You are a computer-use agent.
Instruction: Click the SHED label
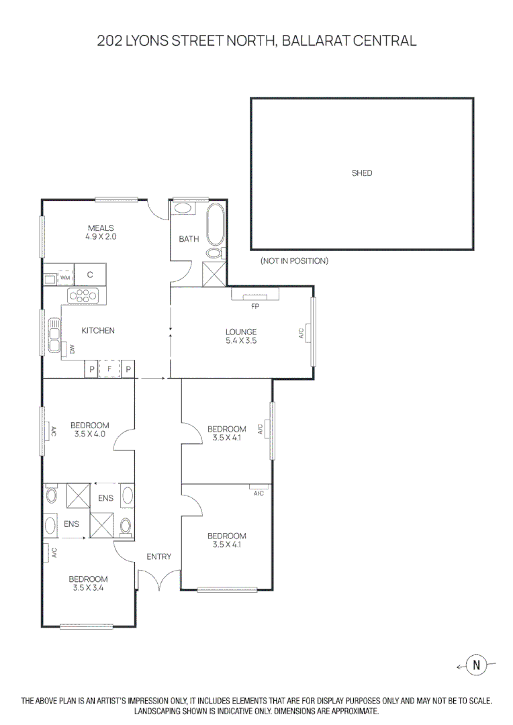coord(362,173)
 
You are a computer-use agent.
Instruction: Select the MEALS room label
coord(101,228)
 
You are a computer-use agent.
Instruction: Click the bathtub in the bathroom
coord(216,225)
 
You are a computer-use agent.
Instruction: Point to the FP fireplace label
coord(255,306)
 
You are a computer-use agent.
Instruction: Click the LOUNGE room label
coord(241,332)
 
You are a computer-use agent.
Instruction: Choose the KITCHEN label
coord(98,330)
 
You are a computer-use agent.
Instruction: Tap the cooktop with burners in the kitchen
coord(83,294)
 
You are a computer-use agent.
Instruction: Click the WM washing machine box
coord(65,277)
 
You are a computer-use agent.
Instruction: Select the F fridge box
coord(109,369)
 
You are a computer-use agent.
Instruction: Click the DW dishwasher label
coord(72,348)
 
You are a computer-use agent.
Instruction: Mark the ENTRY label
coord(159,557)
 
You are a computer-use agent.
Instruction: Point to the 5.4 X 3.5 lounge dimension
coord(241,340)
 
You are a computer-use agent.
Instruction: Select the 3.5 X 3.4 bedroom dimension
coord(88,587)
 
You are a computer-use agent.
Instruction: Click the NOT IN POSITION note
coord(294,260)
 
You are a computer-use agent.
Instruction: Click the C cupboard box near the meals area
coord(89,275)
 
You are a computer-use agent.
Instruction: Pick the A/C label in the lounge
coord(301,332)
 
